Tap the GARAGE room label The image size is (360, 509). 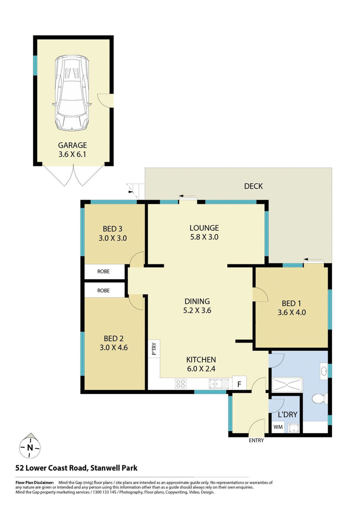coord(72,145)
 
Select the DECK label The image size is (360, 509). coord(253,186)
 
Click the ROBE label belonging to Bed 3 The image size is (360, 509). coord(104,272)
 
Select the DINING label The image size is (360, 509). coord(197,301)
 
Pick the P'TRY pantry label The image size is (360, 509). coord(153,349)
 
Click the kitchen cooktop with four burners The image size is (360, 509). coord(181,384)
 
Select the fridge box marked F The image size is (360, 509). coord(239,384)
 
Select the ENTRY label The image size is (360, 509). coord(256,440)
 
